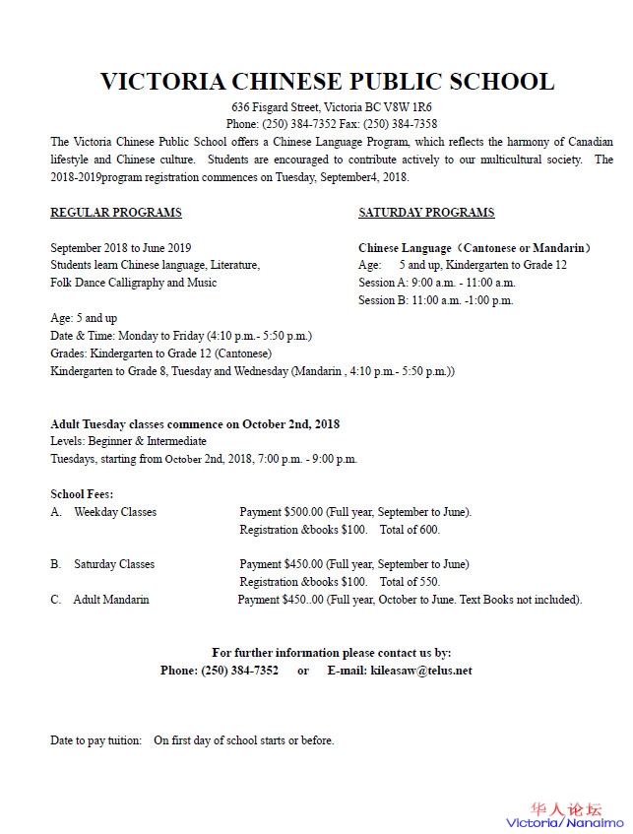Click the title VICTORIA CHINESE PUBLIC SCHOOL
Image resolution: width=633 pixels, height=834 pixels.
click(328, 81)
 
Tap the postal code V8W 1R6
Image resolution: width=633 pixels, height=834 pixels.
click(402, 106)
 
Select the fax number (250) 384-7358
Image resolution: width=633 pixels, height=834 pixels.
click(400, 124)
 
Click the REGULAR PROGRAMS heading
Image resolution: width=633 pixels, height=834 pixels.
click(116, 213)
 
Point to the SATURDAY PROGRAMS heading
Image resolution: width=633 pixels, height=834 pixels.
click(426, 213)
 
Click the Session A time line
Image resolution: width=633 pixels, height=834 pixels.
click(436, 283)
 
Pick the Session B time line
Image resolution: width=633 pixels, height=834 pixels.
click(436, 300)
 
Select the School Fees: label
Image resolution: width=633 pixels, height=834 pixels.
click(82, 493)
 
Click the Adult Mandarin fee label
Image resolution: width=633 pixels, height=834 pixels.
click(111, 600)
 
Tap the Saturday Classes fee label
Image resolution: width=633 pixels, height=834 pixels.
click(114, 564)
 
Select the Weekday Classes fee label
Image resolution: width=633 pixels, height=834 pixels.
click(115, 512)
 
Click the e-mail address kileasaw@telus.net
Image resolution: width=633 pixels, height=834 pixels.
click(421, 671)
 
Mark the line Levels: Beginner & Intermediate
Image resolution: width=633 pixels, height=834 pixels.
click(129, 441)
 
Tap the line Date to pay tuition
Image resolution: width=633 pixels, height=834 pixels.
click(193, 740)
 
